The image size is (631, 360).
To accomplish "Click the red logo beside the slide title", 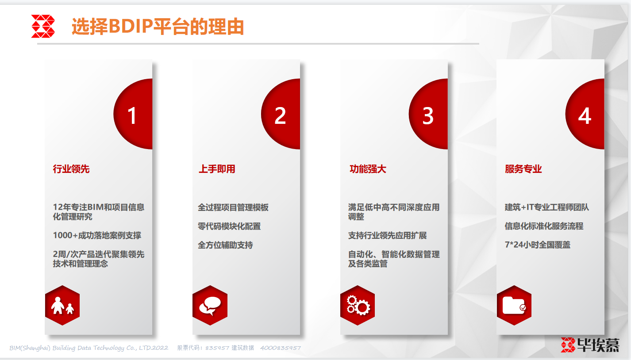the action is click(43, 26).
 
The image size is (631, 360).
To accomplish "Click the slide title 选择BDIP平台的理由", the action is click(158, 27).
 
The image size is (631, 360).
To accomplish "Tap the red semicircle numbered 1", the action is click(133, 114).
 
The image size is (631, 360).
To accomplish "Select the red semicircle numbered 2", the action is click(281, 114).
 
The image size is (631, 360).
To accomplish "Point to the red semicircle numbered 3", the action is click(428, 114).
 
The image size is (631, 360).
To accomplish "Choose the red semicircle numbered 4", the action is click(585, 114).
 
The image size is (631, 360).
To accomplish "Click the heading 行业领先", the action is click(71, 169).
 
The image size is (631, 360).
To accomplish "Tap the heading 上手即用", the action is click(217, 169).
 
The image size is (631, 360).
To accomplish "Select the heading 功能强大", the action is click(368, 169).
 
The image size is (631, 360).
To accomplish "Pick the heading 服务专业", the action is click(523, 169).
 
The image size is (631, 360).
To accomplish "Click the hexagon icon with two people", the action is click(62, 306).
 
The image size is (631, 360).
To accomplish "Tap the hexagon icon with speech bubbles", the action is click(210, 306).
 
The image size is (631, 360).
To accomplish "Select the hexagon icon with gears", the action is click(358, 306).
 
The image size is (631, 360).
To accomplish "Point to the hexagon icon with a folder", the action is click(514, 306).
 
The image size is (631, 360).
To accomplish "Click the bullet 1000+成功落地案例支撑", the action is click(97, 235).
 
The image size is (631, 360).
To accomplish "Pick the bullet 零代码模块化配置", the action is click(229, 226).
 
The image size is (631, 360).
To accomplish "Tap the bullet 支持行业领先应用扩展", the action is click(388, 235).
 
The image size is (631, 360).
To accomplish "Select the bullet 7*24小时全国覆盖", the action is click(538, 245).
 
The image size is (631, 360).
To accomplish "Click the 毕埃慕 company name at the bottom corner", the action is click(598, 345).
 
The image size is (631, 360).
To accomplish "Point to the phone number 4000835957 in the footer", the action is click(281, 348).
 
